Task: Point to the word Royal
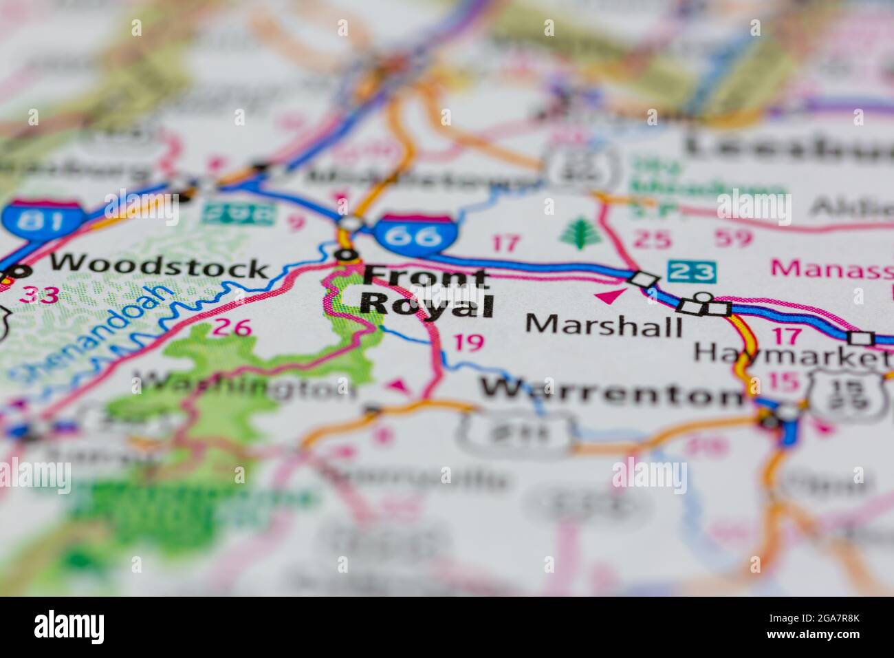pyautogui.click(x=426, y=304)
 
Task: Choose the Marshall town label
pyautogui.click(x=603, y=323)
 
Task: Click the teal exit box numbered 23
pyautogui.click(x=690, y=271)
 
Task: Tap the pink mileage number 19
pyautogui.click(x=469, y=342)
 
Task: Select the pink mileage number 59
pyautogui.click(x=735, y=238)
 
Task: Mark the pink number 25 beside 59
pyautogui.click(x=651, y=238)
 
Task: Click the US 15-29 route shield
pyautogui.click(x=843, y=394)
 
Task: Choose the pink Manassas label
pyautogui.click(x=832, y=268)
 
